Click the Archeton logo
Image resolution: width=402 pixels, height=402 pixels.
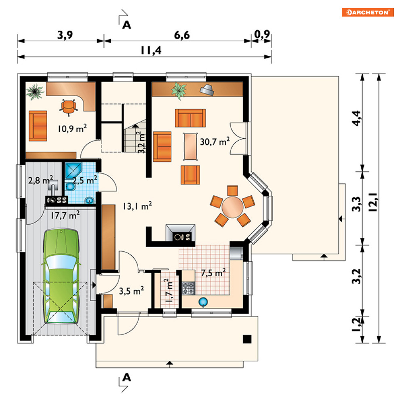coord(368,12)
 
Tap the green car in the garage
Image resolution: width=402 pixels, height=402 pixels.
coord(61,276)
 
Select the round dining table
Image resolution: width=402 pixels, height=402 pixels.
coord(233,207)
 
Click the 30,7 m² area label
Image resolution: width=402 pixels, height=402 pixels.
coord(215,141)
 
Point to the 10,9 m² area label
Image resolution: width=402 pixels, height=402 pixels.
coord(72,128)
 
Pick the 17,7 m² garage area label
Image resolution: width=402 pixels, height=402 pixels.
coord(65,215)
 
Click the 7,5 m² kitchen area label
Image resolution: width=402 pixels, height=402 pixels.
coord(213,273)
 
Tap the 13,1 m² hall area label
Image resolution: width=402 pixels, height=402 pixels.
coord(137,206)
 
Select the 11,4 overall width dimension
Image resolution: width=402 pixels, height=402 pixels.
coord(151,50)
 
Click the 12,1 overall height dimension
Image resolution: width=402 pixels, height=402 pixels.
coord(373,202)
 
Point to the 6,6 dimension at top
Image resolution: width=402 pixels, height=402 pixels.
coord(182,35)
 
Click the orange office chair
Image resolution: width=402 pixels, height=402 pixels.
coord(68,107)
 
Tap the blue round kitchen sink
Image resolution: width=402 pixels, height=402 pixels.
coord(203,302)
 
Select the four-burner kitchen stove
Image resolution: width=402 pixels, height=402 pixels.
coord(188,288)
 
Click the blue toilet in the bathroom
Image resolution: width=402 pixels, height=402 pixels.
coord(69,187)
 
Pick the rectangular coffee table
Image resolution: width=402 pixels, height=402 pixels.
coord(190,146)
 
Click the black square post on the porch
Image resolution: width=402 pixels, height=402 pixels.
coord(247,339)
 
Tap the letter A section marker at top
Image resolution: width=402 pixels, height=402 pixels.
coord(126,25)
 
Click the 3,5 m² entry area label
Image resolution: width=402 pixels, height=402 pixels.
coord(131,291)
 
